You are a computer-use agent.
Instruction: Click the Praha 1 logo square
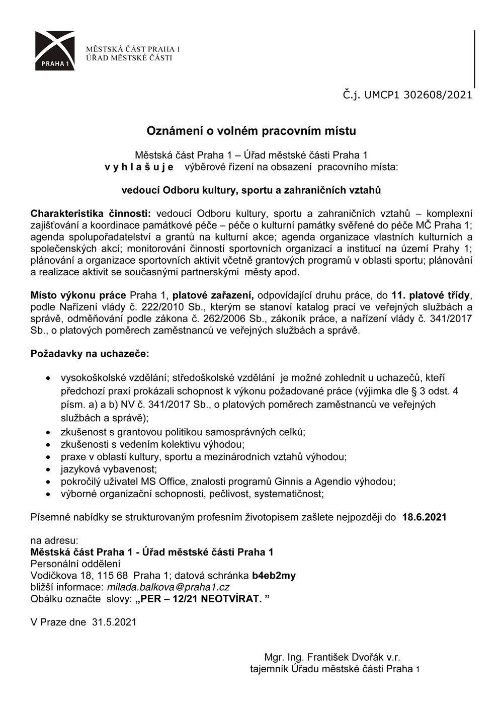point(55,50)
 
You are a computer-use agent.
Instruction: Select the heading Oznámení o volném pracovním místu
point(251,131)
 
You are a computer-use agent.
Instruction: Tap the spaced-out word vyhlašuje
point(139,167)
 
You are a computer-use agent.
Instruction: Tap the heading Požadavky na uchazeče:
point(90,354)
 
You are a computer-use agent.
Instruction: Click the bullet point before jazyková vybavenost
point(48,470)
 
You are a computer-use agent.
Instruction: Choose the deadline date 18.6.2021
point(424,517)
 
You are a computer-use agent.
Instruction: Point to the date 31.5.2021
point(114,622)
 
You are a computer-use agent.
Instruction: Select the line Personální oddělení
point(75,564)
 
